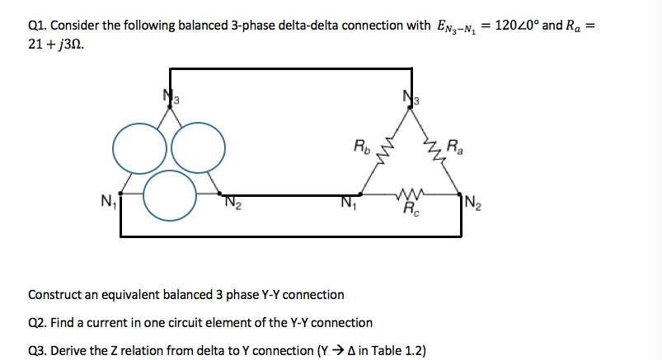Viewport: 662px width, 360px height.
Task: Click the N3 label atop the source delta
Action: coord(168,97)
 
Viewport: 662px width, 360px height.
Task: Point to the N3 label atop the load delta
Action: coord(410,97)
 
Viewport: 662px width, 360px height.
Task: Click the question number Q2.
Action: coord(38,322)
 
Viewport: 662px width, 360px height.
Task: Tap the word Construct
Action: coord(55,294)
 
